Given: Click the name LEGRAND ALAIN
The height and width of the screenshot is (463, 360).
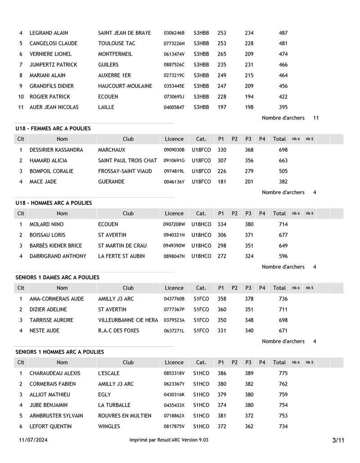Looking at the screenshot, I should pyautogui.click(x=49, y=33).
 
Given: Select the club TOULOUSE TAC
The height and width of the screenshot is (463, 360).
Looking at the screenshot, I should pyautogui.click(x=117, y=44).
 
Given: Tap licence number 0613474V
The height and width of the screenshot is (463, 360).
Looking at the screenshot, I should pyautogui.click(x=174, y=54).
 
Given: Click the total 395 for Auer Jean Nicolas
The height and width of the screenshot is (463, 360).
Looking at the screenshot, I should pyautogui.click(x=283, y=107).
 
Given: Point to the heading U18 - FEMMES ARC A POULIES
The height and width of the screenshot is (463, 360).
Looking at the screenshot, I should pyautogui.click(x=53, y=128).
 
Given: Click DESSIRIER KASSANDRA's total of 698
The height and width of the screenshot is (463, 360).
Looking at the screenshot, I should pyautogui.click(x=283, y=150).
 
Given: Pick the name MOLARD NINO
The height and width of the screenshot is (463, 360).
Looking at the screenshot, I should pyautogui.click(x=46, y=224).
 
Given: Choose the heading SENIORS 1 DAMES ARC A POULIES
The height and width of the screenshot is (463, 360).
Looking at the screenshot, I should pyautogui.click(x=58, y=277).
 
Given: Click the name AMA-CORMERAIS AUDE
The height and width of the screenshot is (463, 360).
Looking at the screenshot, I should pyautogui.click(x=57, y=299).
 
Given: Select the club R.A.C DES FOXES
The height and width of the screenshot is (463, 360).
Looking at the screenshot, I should pyautogui.click(x=119, y=331).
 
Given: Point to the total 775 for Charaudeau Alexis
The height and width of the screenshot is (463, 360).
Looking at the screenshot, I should pyautogui.click(x=283, y=373).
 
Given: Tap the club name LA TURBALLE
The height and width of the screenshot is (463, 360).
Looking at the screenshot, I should pyautogui.click(x=114, y=405).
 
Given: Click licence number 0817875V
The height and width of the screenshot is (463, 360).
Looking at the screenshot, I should pyautogui.click(x=174, y=427).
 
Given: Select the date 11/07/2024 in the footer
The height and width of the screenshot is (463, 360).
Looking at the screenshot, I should pyautogui.click(x=33, y=440).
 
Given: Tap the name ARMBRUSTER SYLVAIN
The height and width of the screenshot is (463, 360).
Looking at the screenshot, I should pyautogui.click(x=56, y=416).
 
